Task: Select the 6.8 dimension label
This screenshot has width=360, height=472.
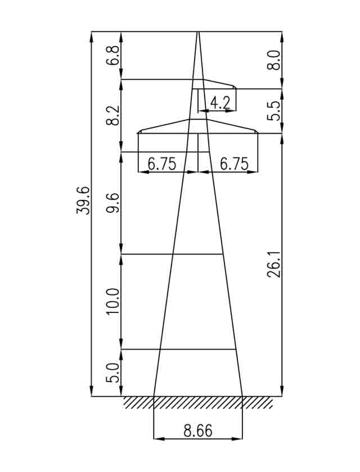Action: click(x=112, y=56)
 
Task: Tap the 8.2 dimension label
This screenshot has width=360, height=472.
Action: click(x=112, y=115)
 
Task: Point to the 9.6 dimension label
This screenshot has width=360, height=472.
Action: click(x=112, y=203)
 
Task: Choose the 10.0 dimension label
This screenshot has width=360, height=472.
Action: click(x=112, y=302)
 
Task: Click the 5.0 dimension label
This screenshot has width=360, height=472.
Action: click(x=112, y=373)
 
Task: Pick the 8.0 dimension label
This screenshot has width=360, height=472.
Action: click(x=274, y=60)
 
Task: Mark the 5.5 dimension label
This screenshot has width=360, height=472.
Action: click(x=274, y=111)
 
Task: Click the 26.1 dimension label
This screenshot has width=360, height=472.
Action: click(x=274, y=265)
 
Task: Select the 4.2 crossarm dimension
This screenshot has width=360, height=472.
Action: click(x=220, y=103)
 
